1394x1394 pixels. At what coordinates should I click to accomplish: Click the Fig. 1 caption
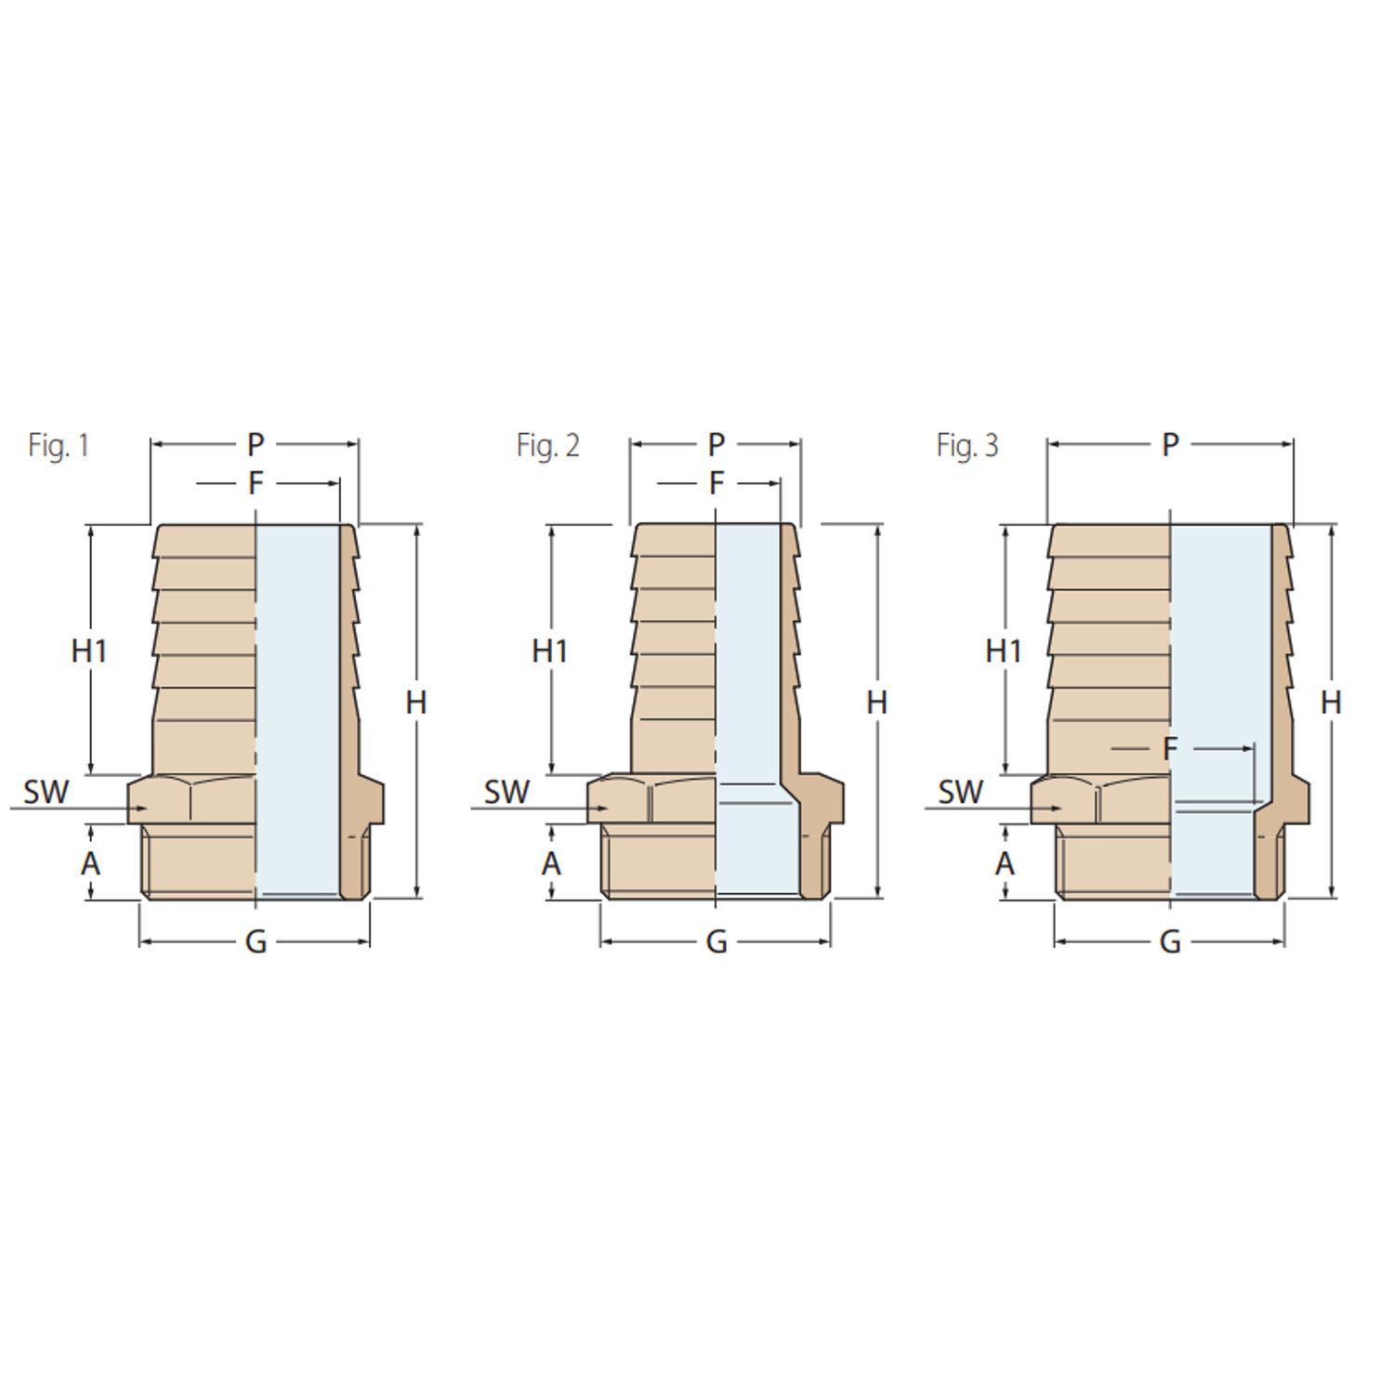pos(59,445)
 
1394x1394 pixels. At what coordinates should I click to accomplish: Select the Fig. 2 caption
pos(548,445)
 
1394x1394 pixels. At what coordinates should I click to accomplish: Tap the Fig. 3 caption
pos(967,445)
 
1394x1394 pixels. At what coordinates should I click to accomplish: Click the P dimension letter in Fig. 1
pos(256,445)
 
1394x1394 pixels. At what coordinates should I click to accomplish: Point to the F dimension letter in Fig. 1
pos(256,484)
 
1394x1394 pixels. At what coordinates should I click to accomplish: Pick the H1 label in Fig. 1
pos(89,651)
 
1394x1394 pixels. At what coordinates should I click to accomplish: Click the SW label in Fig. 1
pos(46,793)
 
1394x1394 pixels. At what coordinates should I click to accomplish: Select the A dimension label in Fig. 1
pos(90,864)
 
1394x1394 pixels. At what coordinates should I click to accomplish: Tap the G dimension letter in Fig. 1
pos(256,942)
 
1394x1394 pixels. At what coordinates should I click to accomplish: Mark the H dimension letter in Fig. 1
pos(415,704)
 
